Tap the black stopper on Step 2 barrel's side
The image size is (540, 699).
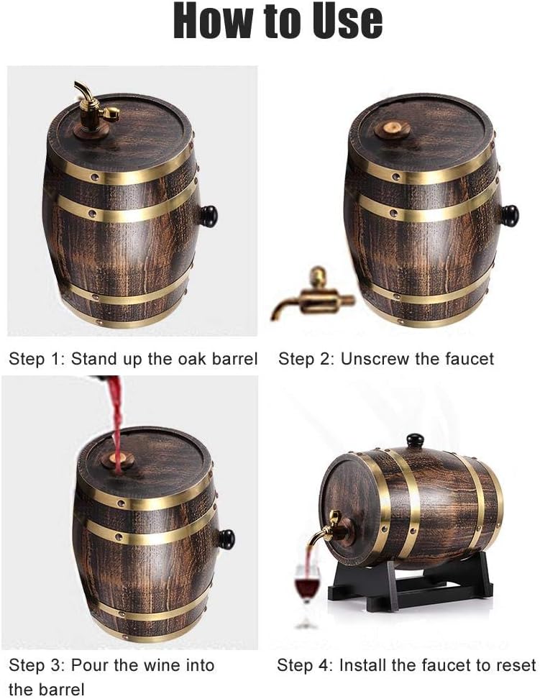coord(509,214)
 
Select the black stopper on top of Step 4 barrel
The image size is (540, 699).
coord(415,440)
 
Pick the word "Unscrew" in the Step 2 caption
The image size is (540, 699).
coord(375,359)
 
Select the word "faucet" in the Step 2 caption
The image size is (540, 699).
coord(470,359)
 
